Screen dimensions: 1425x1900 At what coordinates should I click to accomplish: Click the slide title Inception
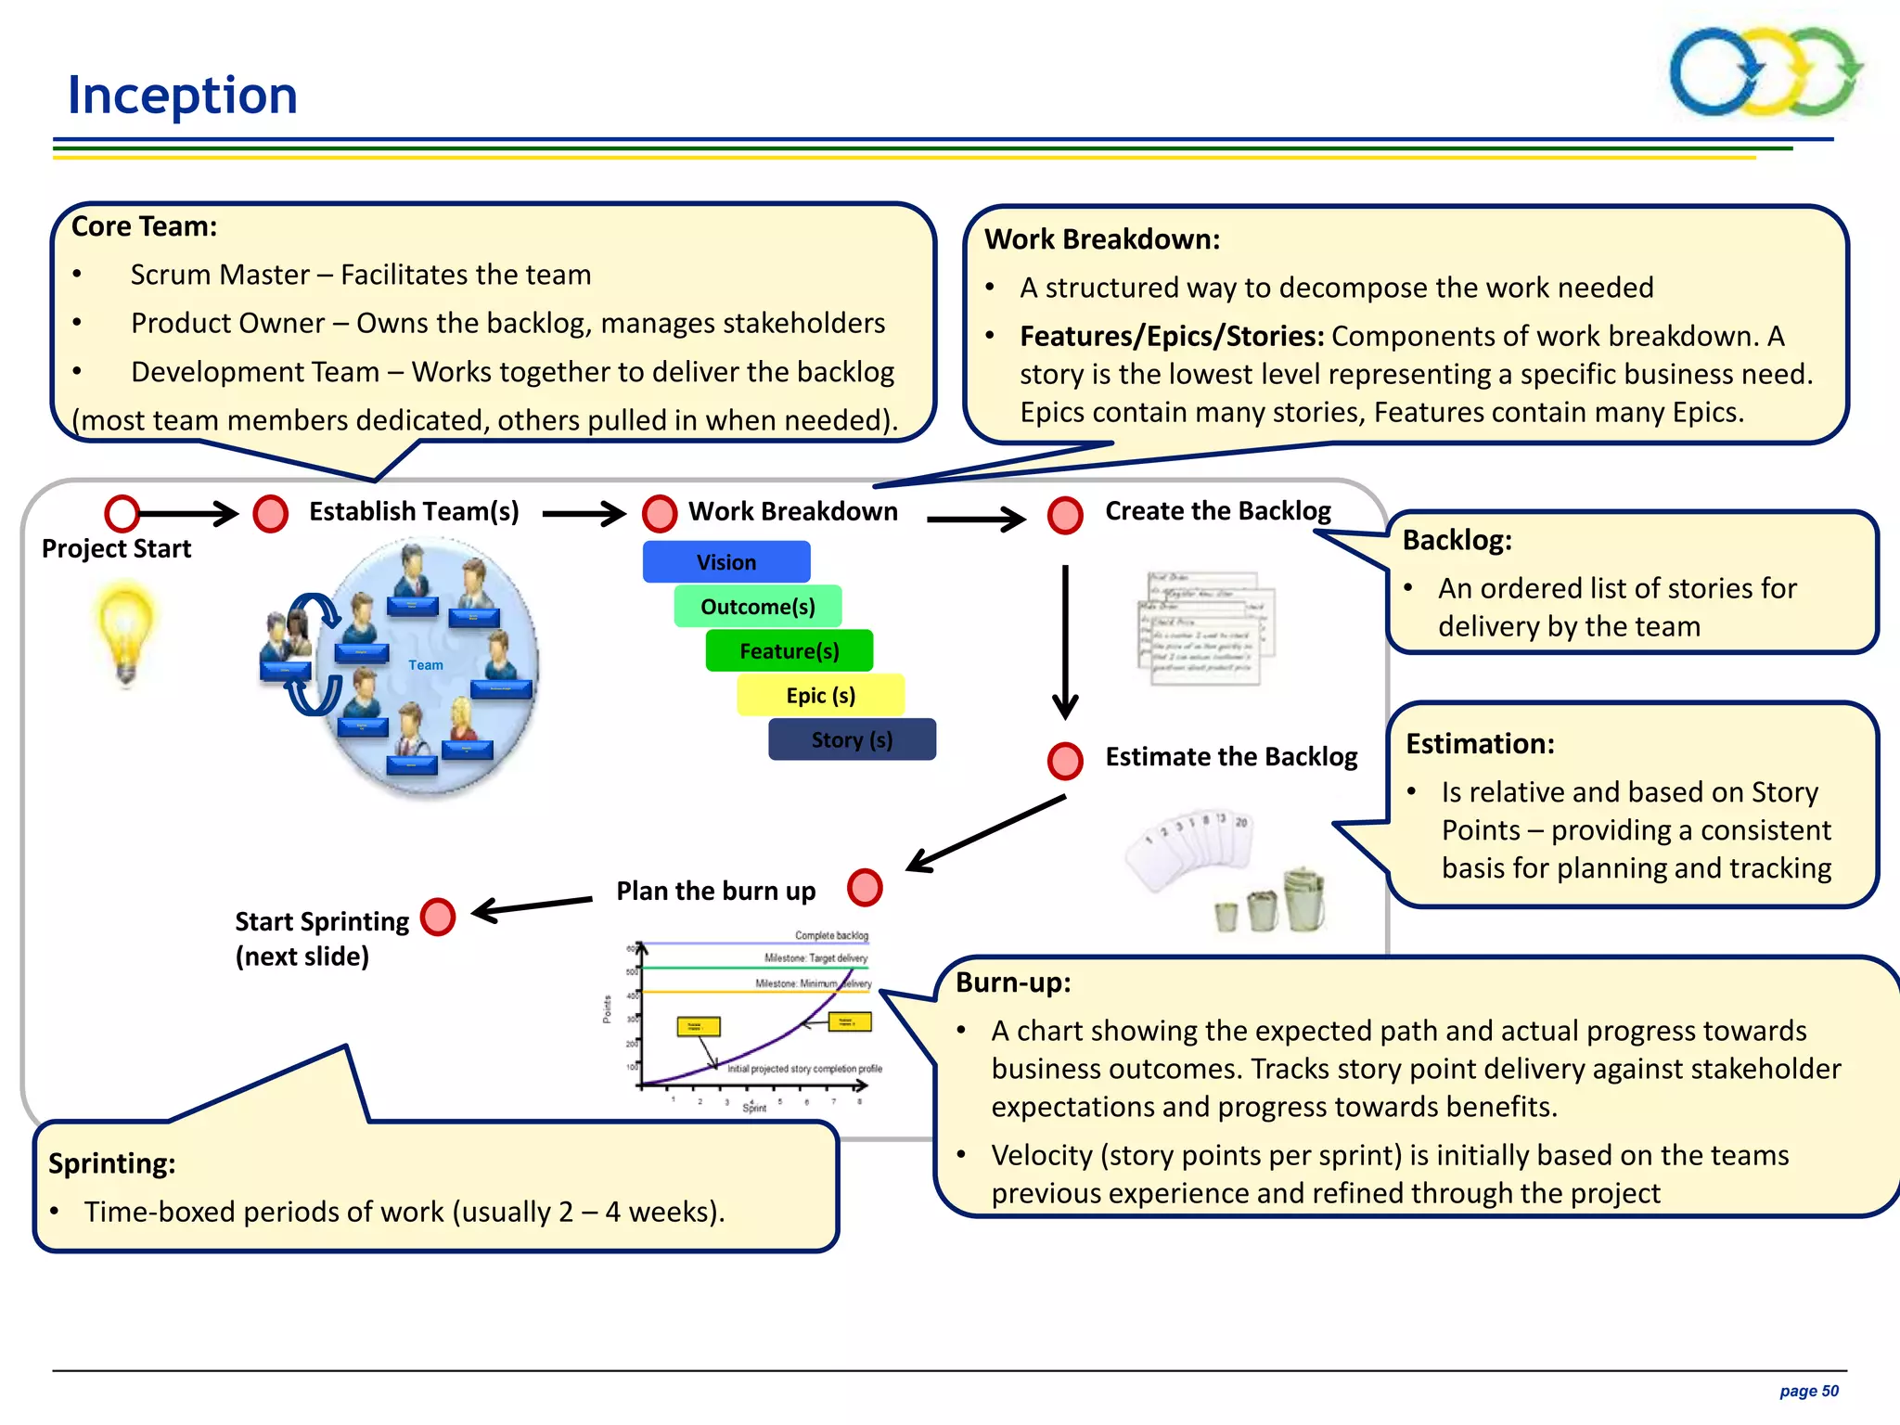tap(183, 96)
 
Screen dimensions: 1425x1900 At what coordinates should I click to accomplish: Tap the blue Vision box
tap(726, 562)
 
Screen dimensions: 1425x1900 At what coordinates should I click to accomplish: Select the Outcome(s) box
tap(758, 607)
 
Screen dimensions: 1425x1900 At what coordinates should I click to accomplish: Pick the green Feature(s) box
tap(790, 651)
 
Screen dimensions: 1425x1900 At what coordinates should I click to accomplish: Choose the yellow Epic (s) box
tap(821, 696)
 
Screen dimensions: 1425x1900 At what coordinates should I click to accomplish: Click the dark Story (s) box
tap(852, 740)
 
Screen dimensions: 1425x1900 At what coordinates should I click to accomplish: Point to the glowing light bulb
tap(125, 631)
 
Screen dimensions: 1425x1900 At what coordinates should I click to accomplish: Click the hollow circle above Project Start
tap(122, 513)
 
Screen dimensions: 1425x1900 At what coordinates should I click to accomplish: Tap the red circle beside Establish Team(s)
tap(271, 513)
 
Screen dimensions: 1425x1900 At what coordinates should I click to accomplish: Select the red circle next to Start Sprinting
tap(438, 917)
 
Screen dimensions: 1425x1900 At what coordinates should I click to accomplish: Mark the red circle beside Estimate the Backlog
tap(1065, 761)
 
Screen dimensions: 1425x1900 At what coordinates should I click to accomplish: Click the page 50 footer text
tap(1808, 1391)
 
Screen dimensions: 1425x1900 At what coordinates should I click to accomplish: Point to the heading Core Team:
tap(145, 226)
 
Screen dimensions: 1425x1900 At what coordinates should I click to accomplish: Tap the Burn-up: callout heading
tap(1013, 982)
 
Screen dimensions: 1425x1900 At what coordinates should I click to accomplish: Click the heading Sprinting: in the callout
tap(112, 1163)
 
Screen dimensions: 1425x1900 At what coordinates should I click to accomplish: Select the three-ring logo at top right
tap(1765, 72)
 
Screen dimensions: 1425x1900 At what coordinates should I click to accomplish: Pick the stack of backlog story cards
tap(1206, 628)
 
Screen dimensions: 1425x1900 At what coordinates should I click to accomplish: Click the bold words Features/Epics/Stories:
tap(1172, 336)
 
